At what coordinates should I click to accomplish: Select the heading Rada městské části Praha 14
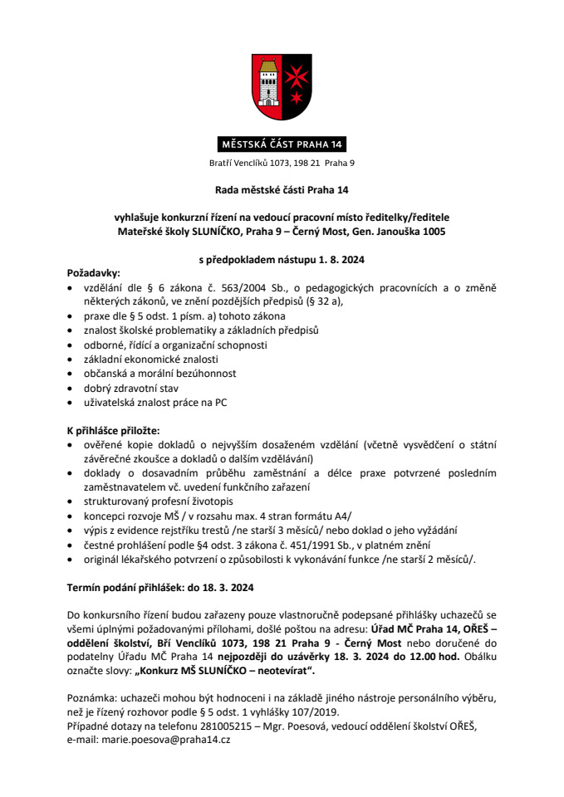coord(282,190)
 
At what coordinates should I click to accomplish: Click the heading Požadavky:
coord(93,272)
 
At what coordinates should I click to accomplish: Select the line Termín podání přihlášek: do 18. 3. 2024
coord(160,587)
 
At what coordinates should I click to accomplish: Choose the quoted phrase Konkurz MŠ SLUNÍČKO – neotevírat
coord(225,671)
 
